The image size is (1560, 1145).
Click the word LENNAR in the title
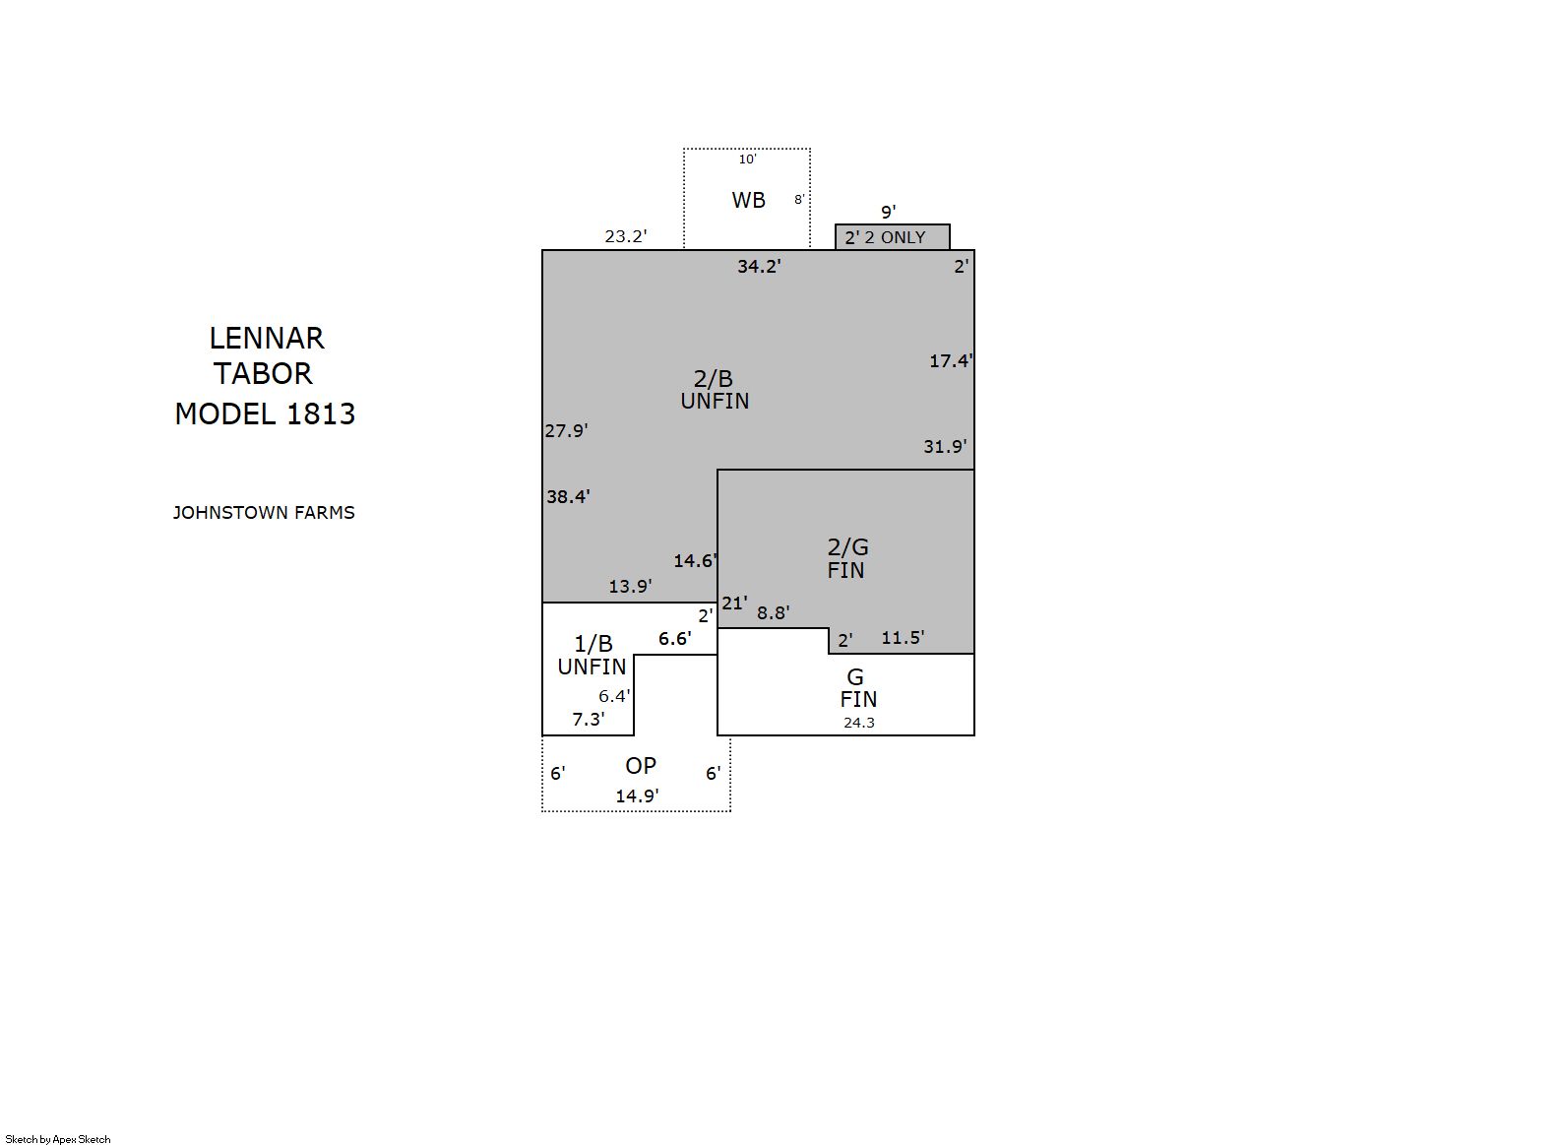coord(267,339)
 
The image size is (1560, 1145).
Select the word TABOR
coord(263,374)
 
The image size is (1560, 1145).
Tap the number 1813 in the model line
coord(320,414)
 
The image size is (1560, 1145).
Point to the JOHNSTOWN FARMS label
coord(264,513)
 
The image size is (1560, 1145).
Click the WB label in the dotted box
coord(749,201)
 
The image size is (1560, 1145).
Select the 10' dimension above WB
coord(747,159)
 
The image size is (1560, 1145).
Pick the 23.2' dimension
coord(625,237)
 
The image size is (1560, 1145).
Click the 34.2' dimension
coord(759,267)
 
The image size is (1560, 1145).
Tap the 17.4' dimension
coord(952,360)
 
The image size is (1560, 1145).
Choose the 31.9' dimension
coord(945,446)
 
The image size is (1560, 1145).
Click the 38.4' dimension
coord(568,496)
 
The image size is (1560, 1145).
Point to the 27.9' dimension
coord(566,431)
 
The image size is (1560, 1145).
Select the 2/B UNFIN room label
coord(715,390)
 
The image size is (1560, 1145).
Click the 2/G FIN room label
coord(846,558)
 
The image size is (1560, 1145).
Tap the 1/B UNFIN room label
coord(592,656)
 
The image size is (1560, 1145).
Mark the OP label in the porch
coord(641,766)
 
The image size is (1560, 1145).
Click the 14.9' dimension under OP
coord(637,796)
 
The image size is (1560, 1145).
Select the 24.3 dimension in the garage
coord(858,723)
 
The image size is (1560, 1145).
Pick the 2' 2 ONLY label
coord(885,237)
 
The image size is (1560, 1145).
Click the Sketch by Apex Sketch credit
coord(58,1139)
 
